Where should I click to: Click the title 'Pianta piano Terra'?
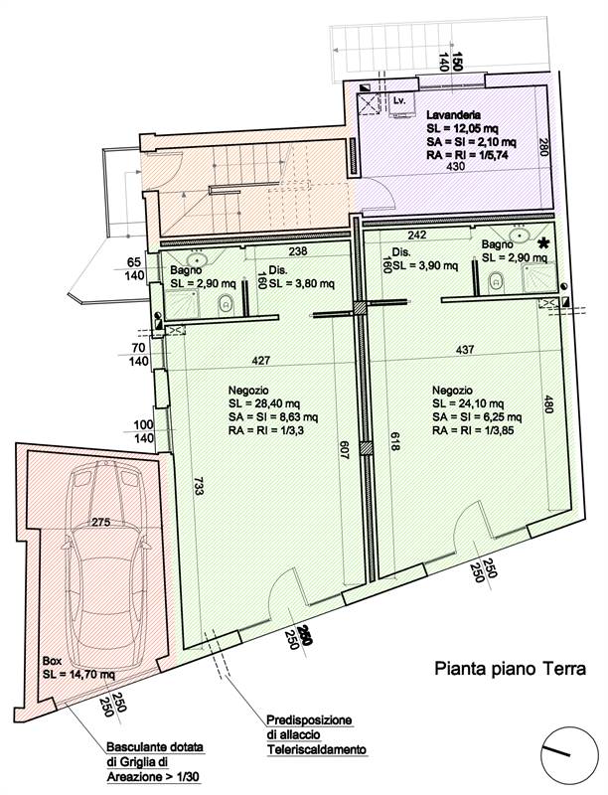click(511, 668)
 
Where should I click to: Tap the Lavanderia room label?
click(453, 115)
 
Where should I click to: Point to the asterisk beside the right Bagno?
click(544, 243)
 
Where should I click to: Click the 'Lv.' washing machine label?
click(399, 101)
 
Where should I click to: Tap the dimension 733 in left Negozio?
click(199, 484)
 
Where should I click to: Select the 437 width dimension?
click(465, 349)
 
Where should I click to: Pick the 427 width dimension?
click(261, 360)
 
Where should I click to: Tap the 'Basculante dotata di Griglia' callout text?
click(156, 761)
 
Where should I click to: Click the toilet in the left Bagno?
click(225, 304)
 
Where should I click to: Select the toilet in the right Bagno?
click(497, 282)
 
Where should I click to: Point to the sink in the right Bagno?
click(520, 235)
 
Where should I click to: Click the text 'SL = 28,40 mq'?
click(264, 403)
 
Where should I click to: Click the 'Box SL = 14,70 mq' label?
click(78, 668)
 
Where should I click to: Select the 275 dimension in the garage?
click(100, 523)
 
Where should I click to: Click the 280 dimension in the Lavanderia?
click(542, 147)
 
